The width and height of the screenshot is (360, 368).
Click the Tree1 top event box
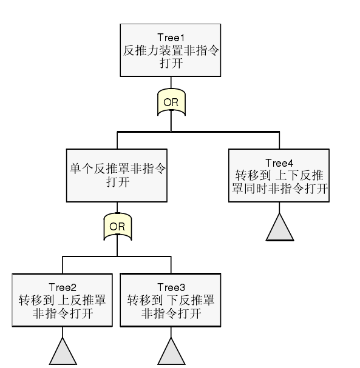point(171,50)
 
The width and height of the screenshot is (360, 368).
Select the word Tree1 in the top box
point(171,38)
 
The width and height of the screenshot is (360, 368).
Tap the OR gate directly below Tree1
point(171,102)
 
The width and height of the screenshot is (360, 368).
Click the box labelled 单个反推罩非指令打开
point(117,176)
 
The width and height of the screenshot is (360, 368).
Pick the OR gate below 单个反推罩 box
point(117,227)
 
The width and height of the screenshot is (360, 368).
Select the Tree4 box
point(279,176)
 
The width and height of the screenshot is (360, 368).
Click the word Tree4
point(279,163)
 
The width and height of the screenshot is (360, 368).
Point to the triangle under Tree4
point(279,229)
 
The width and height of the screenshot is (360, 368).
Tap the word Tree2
point(63,287)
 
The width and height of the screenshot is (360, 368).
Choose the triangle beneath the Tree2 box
point(63,353)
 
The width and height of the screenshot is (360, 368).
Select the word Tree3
point(171,287)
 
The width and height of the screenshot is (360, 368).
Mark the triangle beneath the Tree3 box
point(171,353)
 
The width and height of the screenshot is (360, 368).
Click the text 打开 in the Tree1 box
point(171,64)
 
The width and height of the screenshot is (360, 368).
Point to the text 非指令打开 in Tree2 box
point(63,313)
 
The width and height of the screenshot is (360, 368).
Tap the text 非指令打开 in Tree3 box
point(171,313)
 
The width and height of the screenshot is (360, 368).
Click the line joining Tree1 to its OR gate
point(171,83)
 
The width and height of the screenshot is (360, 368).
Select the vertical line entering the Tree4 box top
point(279,140)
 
